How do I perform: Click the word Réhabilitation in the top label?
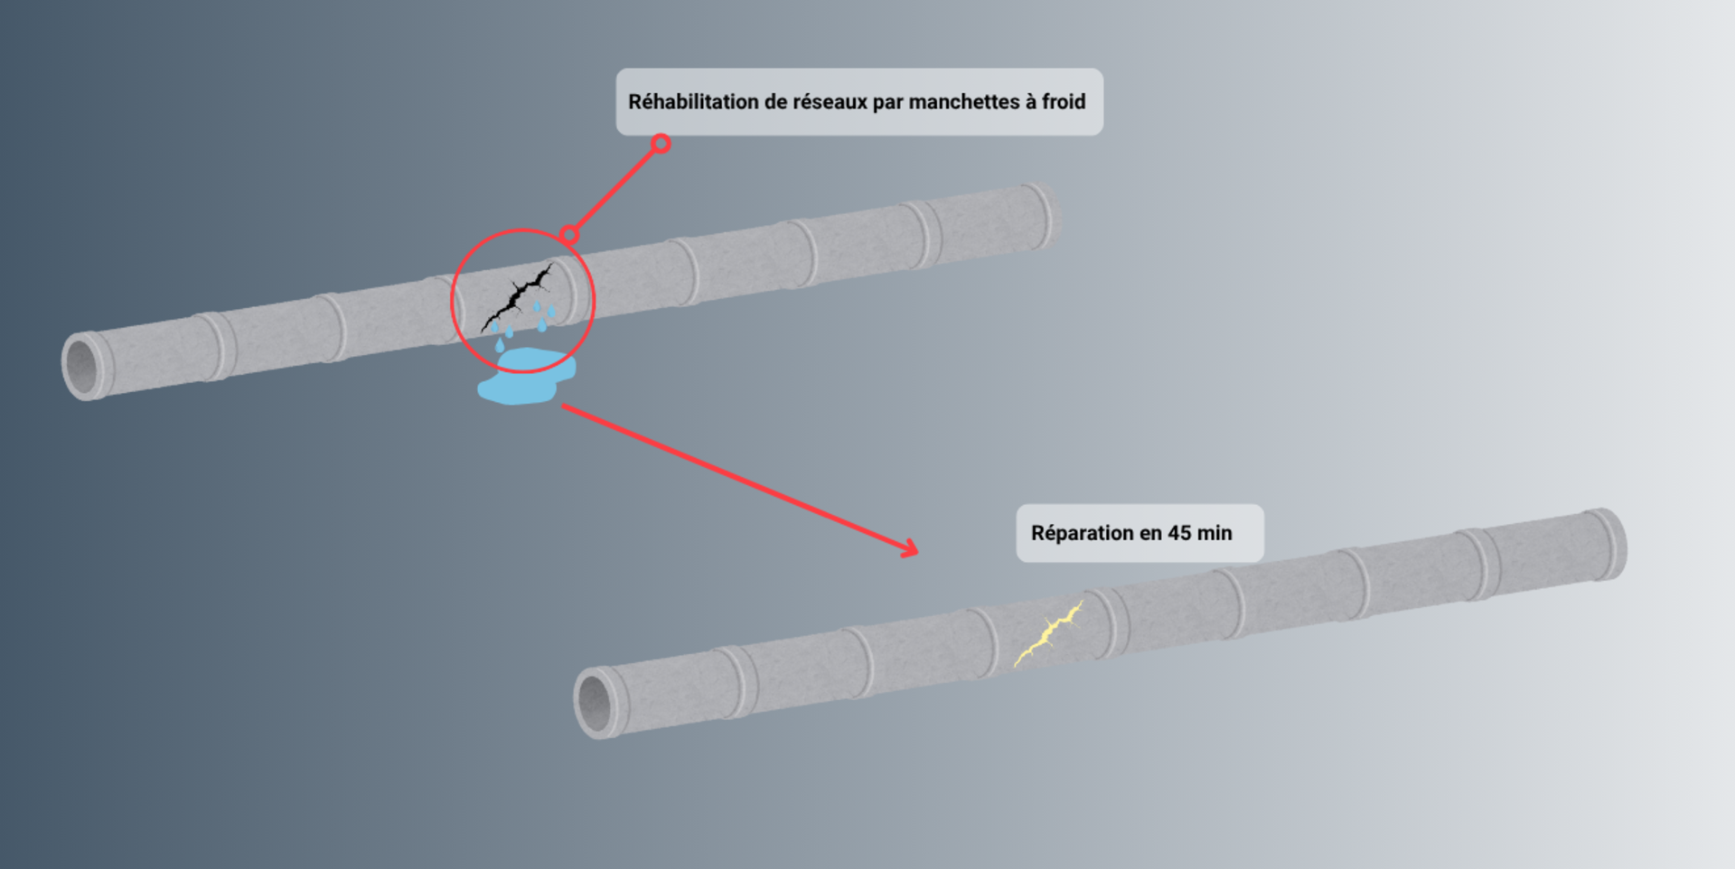point(693,102)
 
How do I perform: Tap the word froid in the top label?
point(1064,102)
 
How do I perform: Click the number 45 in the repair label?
point(1178,533)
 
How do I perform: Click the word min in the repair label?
point(1214,533)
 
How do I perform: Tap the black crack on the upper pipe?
point(517,295)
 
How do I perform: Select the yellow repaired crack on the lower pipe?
point(1048,633)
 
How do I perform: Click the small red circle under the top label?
point(661,144)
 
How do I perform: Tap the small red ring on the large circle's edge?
point(568,235)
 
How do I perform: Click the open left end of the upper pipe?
point(84,365)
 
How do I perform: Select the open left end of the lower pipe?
point(596,702)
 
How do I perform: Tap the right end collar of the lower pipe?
point(1608,545)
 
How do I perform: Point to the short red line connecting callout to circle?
point(615,189)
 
